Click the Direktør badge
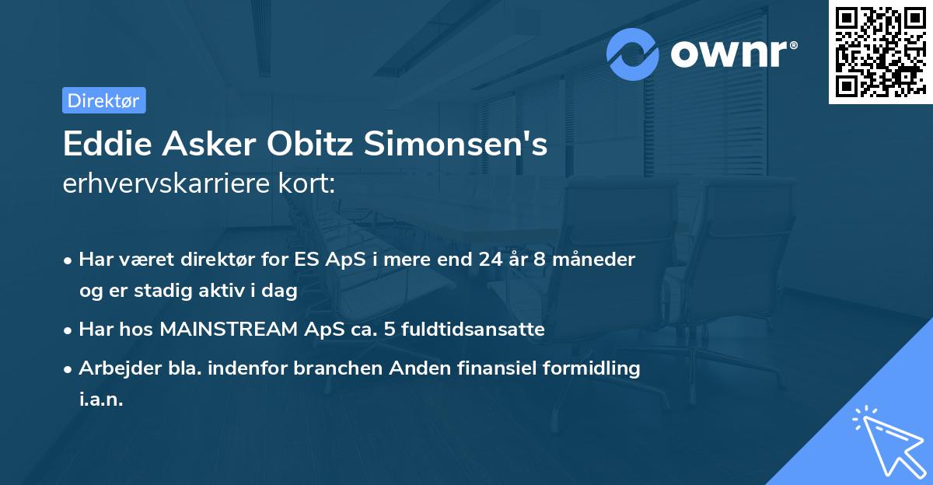[x=103, y=100]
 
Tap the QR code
[x=880, y=52]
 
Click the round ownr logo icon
[x=633, y=54]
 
